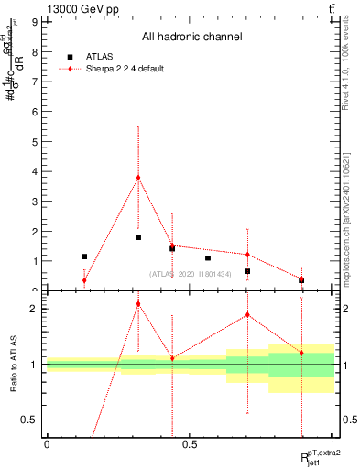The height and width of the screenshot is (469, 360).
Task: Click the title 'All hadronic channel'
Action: click(191, 37)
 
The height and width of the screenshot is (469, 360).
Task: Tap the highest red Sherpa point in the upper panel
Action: click(138, 178)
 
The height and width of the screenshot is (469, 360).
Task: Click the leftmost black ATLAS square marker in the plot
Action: click(84, 256)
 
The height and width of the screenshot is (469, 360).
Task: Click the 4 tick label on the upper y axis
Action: click(35, 171)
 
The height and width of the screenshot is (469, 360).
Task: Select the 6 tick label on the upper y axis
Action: click(35, 112)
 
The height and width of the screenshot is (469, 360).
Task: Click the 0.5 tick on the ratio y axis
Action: click(32, 420)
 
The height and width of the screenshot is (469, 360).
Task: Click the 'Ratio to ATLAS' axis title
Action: click(14, 364)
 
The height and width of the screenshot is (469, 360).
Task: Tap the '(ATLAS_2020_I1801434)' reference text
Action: click(191, 273)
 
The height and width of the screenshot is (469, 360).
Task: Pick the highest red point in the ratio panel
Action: click(138, 303)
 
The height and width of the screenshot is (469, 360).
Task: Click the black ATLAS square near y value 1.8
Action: click(138, 237)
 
